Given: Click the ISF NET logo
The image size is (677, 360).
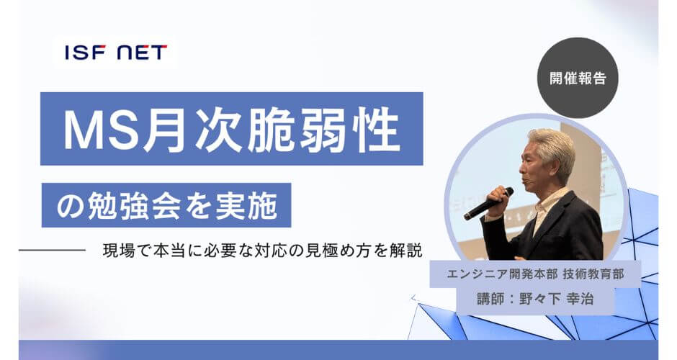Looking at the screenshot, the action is (116, 53).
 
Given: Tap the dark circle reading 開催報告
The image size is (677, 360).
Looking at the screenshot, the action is (578, 78).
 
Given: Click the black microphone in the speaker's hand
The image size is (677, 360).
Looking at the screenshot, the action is (488, 203).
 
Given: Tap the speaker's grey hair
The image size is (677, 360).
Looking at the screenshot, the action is (552, 147).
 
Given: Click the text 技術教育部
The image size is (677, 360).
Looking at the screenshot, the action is (593, 274).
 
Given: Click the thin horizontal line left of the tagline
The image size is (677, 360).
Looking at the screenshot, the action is (53, 250).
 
